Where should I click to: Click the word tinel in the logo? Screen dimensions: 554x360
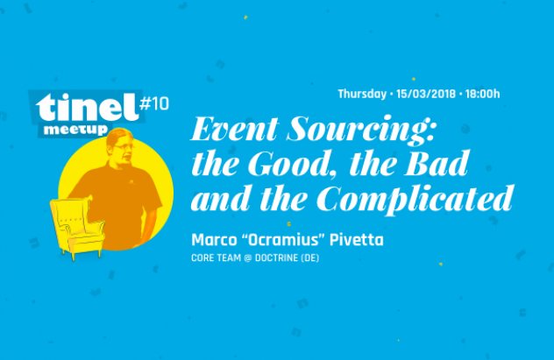pyautogui.click(x=87, y=108)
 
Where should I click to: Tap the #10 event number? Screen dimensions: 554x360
pyautogui.click(x=154, y=103)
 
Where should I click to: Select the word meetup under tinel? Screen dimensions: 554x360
pyautogui.click(x=75, y=130)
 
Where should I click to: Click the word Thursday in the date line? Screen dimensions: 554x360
pyautogui.click(x=362, y=95)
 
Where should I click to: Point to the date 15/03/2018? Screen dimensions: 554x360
pyautogui.click(x=426, y=95)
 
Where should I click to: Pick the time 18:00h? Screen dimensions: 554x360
pyautogui.click(x=482, y=95)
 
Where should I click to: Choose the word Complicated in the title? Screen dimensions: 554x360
pyautogui.click(x=415, y=199)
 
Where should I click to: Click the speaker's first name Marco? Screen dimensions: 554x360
pyautogui.click(x=214, y=240)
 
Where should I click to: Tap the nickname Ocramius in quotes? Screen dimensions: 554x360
pyautogui.click(x=282, y=240)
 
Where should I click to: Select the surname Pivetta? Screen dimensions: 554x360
pyautogui.click(x=356, y=240)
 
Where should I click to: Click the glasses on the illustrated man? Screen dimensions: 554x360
pyautogui.click(x=123, y=146)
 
